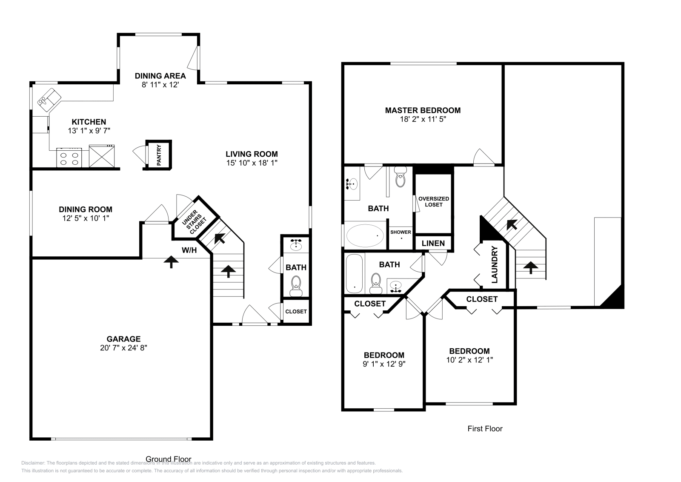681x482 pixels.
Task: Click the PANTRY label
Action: [159, 155]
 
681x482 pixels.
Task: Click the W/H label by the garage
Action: [189, 250]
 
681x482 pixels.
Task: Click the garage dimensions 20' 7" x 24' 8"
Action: [123, 348]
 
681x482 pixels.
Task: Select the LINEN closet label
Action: [433, 243]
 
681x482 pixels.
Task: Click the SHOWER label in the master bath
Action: [401, 232]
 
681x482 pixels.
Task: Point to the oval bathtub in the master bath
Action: [365, 236]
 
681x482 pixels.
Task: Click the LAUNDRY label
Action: [495, 265]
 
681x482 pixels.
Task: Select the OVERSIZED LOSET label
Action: [434, 201]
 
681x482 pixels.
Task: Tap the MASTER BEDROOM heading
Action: [423, 110]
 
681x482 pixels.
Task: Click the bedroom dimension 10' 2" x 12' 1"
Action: [469, 360]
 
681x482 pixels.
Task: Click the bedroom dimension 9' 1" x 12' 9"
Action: [383, 364]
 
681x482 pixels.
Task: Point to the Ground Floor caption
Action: [169, 459]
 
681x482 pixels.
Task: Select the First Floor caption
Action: [485, 428]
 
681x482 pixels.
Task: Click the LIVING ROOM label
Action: [252, 154]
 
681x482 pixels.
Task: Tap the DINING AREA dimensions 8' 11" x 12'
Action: [160, 85]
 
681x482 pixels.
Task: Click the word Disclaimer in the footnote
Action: [33, 463]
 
